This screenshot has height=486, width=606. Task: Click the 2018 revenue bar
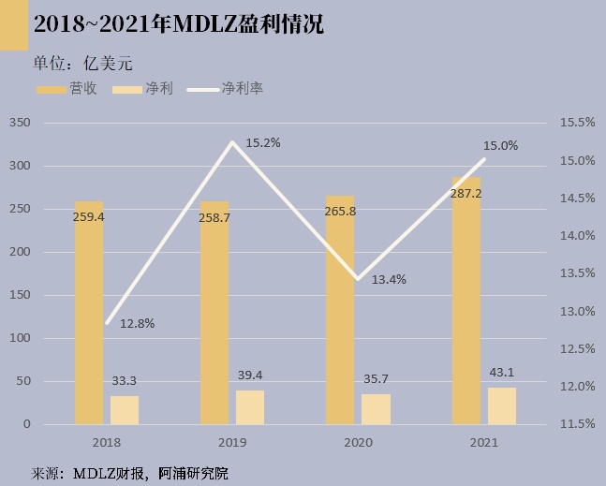point(88,318)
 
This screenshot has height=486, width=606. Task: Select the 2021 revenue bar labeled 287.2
point(466,309)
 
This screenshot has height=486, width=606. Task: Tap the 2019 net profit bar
point(249,407)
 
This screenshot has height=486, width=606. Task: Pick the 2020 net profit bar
point(376,409)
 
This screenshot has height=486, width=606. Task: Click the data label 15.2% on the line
point(263,143)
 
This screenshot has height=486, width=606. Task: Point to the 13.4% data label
point(389,279)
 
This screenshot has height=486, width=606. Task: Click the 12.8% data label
point(137,323)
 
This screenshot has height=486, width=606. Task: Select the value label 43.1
point(502,373)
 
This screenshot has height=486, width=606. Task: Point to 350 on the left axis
point(20,123)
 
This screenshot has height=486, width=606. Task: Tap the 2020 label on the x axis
point(357,443)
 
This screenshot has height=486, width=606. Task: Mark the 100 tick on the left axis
point(20,338)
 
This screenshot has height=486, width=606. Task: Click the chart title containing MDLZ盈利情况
point(178,25)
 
